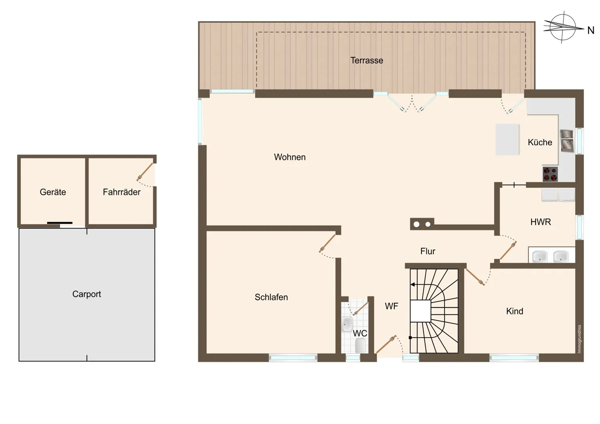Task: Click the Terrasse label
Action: (x=367, y=60)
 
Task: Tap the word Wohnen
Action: (x=290, y=157)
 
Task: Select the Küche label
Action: (x=540, y=142)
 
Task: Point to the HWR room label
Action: (x=540, y=222)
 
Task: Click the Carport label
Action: (x=86, y=294)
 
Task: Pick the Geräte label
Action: (x=53, y=192)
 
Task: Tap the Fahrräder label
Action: (x=122, y=192)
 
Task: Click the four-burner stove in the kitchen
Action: (x=550, y=174)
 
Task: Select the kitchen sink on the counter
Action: (x=567, y=141)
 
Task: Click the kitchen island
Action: (x=507, y=140)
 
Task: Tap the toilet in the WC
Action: (x=360, y=346)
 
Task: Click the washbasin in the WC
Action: (x=347, y=324)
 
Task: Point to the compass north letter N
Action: (x=591, y=30)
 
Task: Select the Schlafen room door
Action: (x=327, y=243)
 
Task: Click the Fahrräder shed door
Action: (x=145, y=172)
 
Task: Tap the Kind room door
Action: (x=475, y=277)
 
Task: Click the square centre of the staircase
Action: (x=420, y=311)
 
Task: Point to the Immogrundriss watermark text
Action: (x=579, y=339)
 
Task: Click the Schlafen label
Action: (x=271, y=297)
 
